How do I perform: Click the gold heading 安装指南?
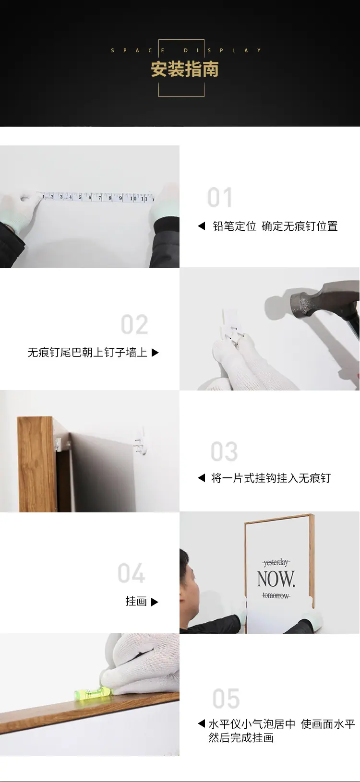click(x=185, y=69)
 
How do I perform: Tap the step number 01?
click(x=220, y=197)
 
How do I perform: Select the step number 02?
click(x=134, y=324)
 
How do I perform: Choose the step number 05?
click(x=226, y=698)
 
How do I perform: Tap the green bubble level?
click(x=93, y=692)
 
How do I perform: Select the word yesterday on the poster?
click(x=276, y=562)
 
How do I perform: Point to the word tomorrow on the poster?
click(x=276, y=595)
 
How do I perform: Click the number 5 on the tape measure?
click(x=80, y=197)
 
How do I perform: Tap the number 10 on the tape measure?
click(x=133, y=198)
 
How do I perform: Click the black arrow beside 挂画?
click(x=155, y=602)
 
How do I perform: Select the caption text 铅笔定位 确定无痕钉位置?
click(x=275, y=226)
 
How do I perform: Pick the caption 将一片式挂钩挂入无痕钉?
click(x=271, y=478)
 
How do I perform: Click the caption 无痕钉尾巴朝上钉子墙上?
click(x=87, y=353)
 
